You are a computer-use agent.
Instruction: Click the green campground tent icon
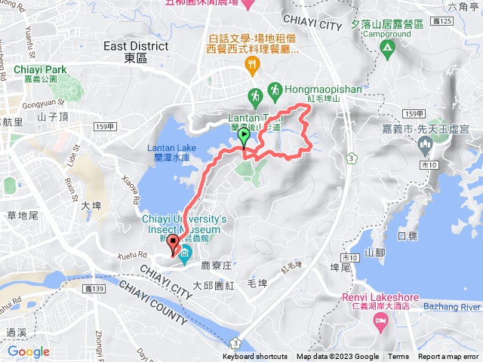point(388,50)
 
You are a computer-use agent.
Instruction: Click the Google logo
point(29,351)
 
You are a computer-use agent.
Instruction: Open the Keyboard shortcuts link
point(255,357)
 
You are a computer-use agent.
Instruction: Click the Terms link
point(398,357)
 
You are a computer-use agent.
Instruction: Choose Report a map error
point(449,357)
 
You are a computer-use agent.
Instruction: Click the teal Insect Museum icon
point(186,250)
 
